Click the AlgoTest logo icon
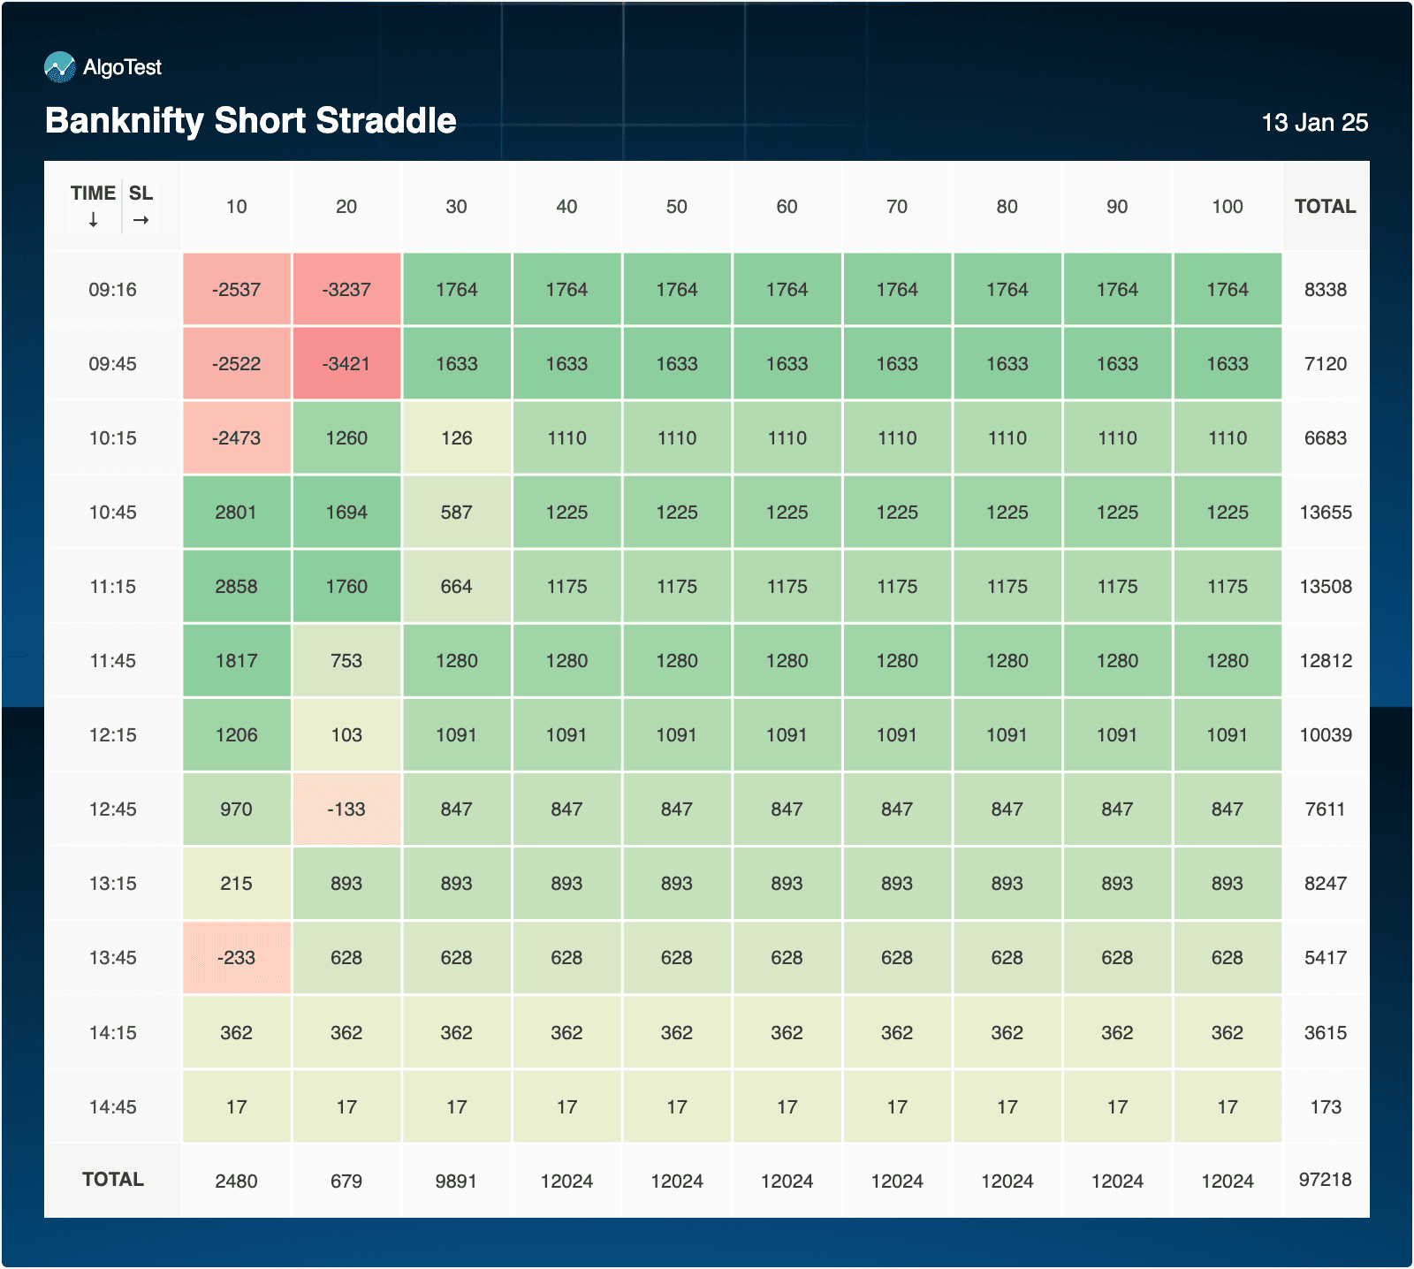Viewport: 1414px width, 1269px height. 60,67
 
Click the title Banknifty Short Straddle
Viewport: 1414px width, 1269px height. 251,121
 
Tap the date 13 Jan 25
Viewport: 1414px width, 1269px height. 1314,123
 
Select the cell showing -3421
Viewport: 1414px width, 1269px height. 346,364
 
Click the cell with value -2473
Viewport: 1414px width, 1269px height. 236,438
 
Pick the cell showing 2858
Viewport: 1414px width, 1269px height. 236,587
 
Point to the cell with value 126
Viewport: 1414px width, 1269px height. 456,438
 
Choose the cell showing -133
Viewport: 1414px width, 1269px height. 346,809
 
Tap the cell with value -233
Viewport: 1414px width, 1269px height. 236,958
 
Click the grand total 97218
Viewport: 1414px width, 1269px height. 1325,1180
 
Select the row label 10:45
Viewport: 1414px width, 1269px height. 112,513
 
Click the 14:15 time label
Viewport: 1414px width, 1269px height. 112,1032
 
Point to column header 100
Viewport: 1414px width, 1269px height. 1227,207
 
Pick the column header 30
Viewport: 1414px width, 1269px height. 456,207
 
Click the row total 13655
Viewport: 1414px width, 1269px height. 1325,513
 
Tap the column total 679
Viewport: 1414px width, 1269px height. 346,1182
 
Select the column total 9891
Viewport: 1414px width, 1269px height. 456,1182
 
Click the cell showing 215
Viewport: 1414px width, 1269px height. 236,884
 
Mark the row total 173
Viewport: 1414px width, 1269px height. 1325,1107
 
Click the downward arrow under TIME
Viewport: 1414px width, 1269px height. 94,220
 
